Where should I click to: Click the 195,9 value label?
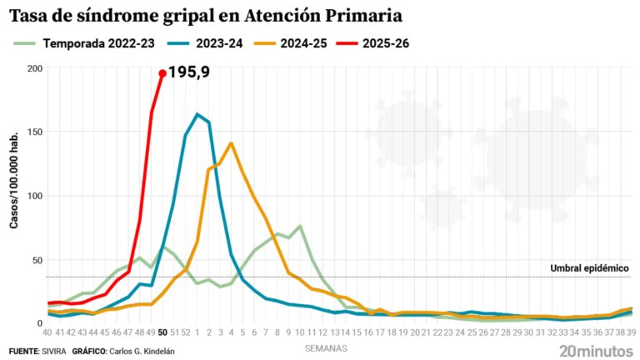188,72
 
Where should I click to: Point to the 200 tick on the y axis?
33,68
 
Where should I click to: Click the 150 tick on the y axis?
33,132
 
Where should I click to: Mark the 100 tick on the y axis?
33,196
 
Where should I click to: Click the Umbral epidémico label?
589,268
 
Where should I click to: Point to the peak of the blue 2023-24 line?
197,114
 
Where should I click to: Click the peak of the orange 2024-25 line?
231,143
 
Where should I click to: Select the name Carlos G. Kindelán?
142,351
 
